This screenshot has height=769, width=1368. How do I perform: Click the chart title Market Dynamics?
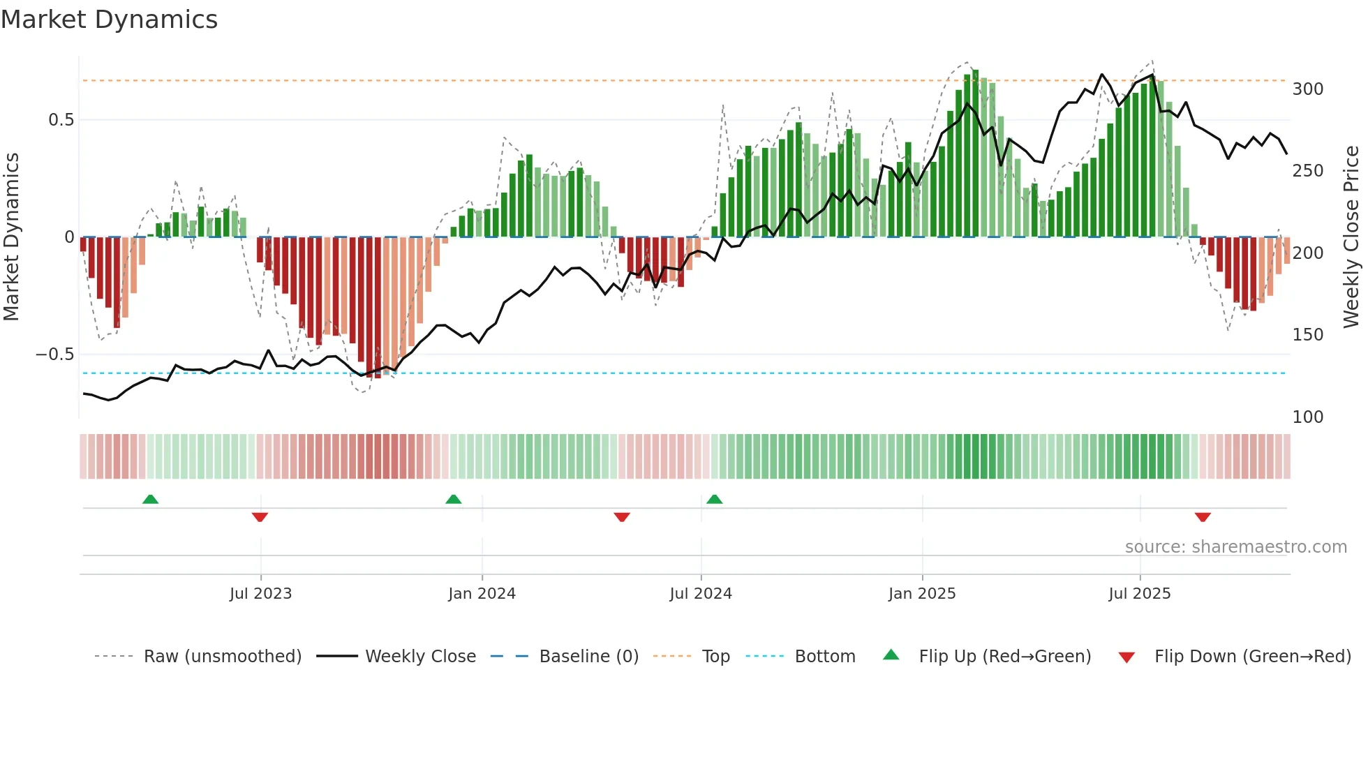click(x=109, y=20)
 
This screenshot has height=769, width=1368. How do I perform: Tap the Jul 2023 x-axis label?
click(x=260, y=594)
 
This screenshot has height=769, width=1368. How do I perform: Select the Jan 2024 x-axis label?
click(x=482, y=594)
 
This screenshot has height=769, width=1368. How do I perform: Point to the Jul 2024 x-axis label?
click(x=701, y=594)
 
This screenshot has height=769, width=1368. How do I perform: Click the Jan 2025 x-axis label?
click(x=922, y=594)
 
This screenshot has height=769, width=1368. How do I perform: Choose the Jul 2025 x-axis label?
click(x=1140, y=594)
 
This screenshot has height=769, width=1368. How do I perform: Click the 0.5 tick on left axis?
click(x=61, y=120)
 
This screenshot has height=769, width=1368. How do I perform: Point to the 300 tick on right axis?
click(x=1308, y=89)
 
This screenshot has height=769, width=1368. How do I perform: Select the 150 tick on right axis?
click(x=1308, y=335)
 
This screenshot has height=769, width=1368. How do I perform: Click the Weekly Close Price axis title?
click(x=1352, y=237)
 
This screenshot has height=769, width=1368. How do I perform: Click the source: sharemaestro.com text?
click(x=1235, y=547)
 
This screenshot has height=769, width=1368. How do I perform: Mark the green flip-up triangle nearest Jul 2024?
click(x=714, y=499)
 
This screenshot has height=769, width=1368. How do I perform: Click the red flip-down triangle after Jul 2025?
click(x=1203, y=517)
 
